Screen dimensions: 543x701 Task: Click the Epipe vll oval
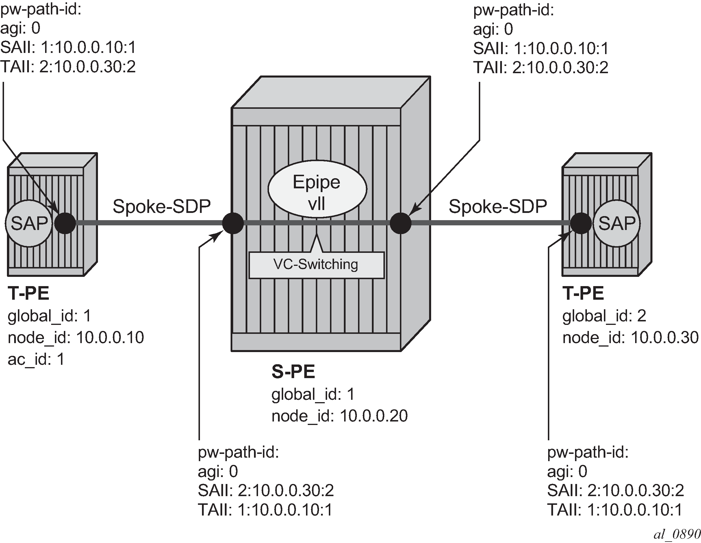(317, 192)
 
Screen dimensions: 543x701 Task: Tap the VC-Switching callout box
(316, 265)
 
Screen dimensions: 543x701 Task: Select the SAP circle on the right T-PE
(617, 223)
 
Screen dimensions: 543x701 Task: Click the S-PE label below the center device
(293, 372)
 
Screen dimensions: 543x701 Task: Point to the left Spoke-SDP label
(162, 206)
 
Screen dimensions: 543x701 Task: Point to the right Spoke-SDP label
(498, 206)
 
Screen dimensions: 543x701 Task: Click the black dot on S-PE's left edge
(233, 223)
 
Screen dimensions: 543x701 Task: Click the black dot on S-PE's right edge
(400, 223)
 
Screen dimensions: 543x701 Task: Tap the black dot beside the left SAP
(65, 223)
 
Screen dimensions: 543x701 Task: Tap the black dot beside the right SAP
(581, 223)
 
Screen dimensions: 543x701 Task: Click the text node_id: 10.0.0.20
(339, 416)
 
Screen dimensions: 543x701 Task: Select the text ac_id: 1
(36, 359)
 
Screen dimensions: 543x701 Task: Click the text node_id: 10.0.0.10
(76, 337)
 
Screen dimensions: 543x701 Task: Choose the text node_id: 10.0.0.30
(630, 337)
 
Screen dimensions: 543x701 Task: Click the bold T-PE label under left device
(29, 293)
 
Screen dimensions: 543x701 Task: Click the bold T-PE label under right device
(583, 293)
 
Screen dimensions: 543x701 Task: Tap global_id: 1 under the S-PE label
(313, 394)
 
